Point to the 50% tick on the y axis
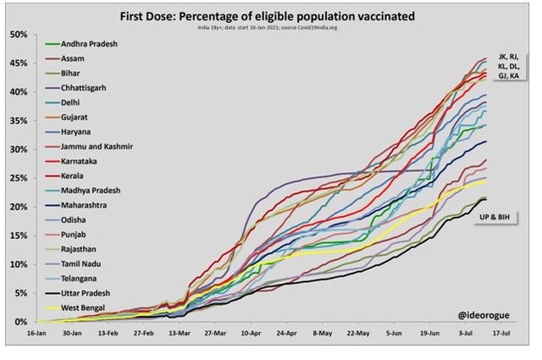pyautogui.click(x=18, y=34)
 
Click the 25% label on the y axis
pyautogui.click(x=18, y=178)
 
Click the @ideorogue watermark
pyautogui.click(x=484, y=313)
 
